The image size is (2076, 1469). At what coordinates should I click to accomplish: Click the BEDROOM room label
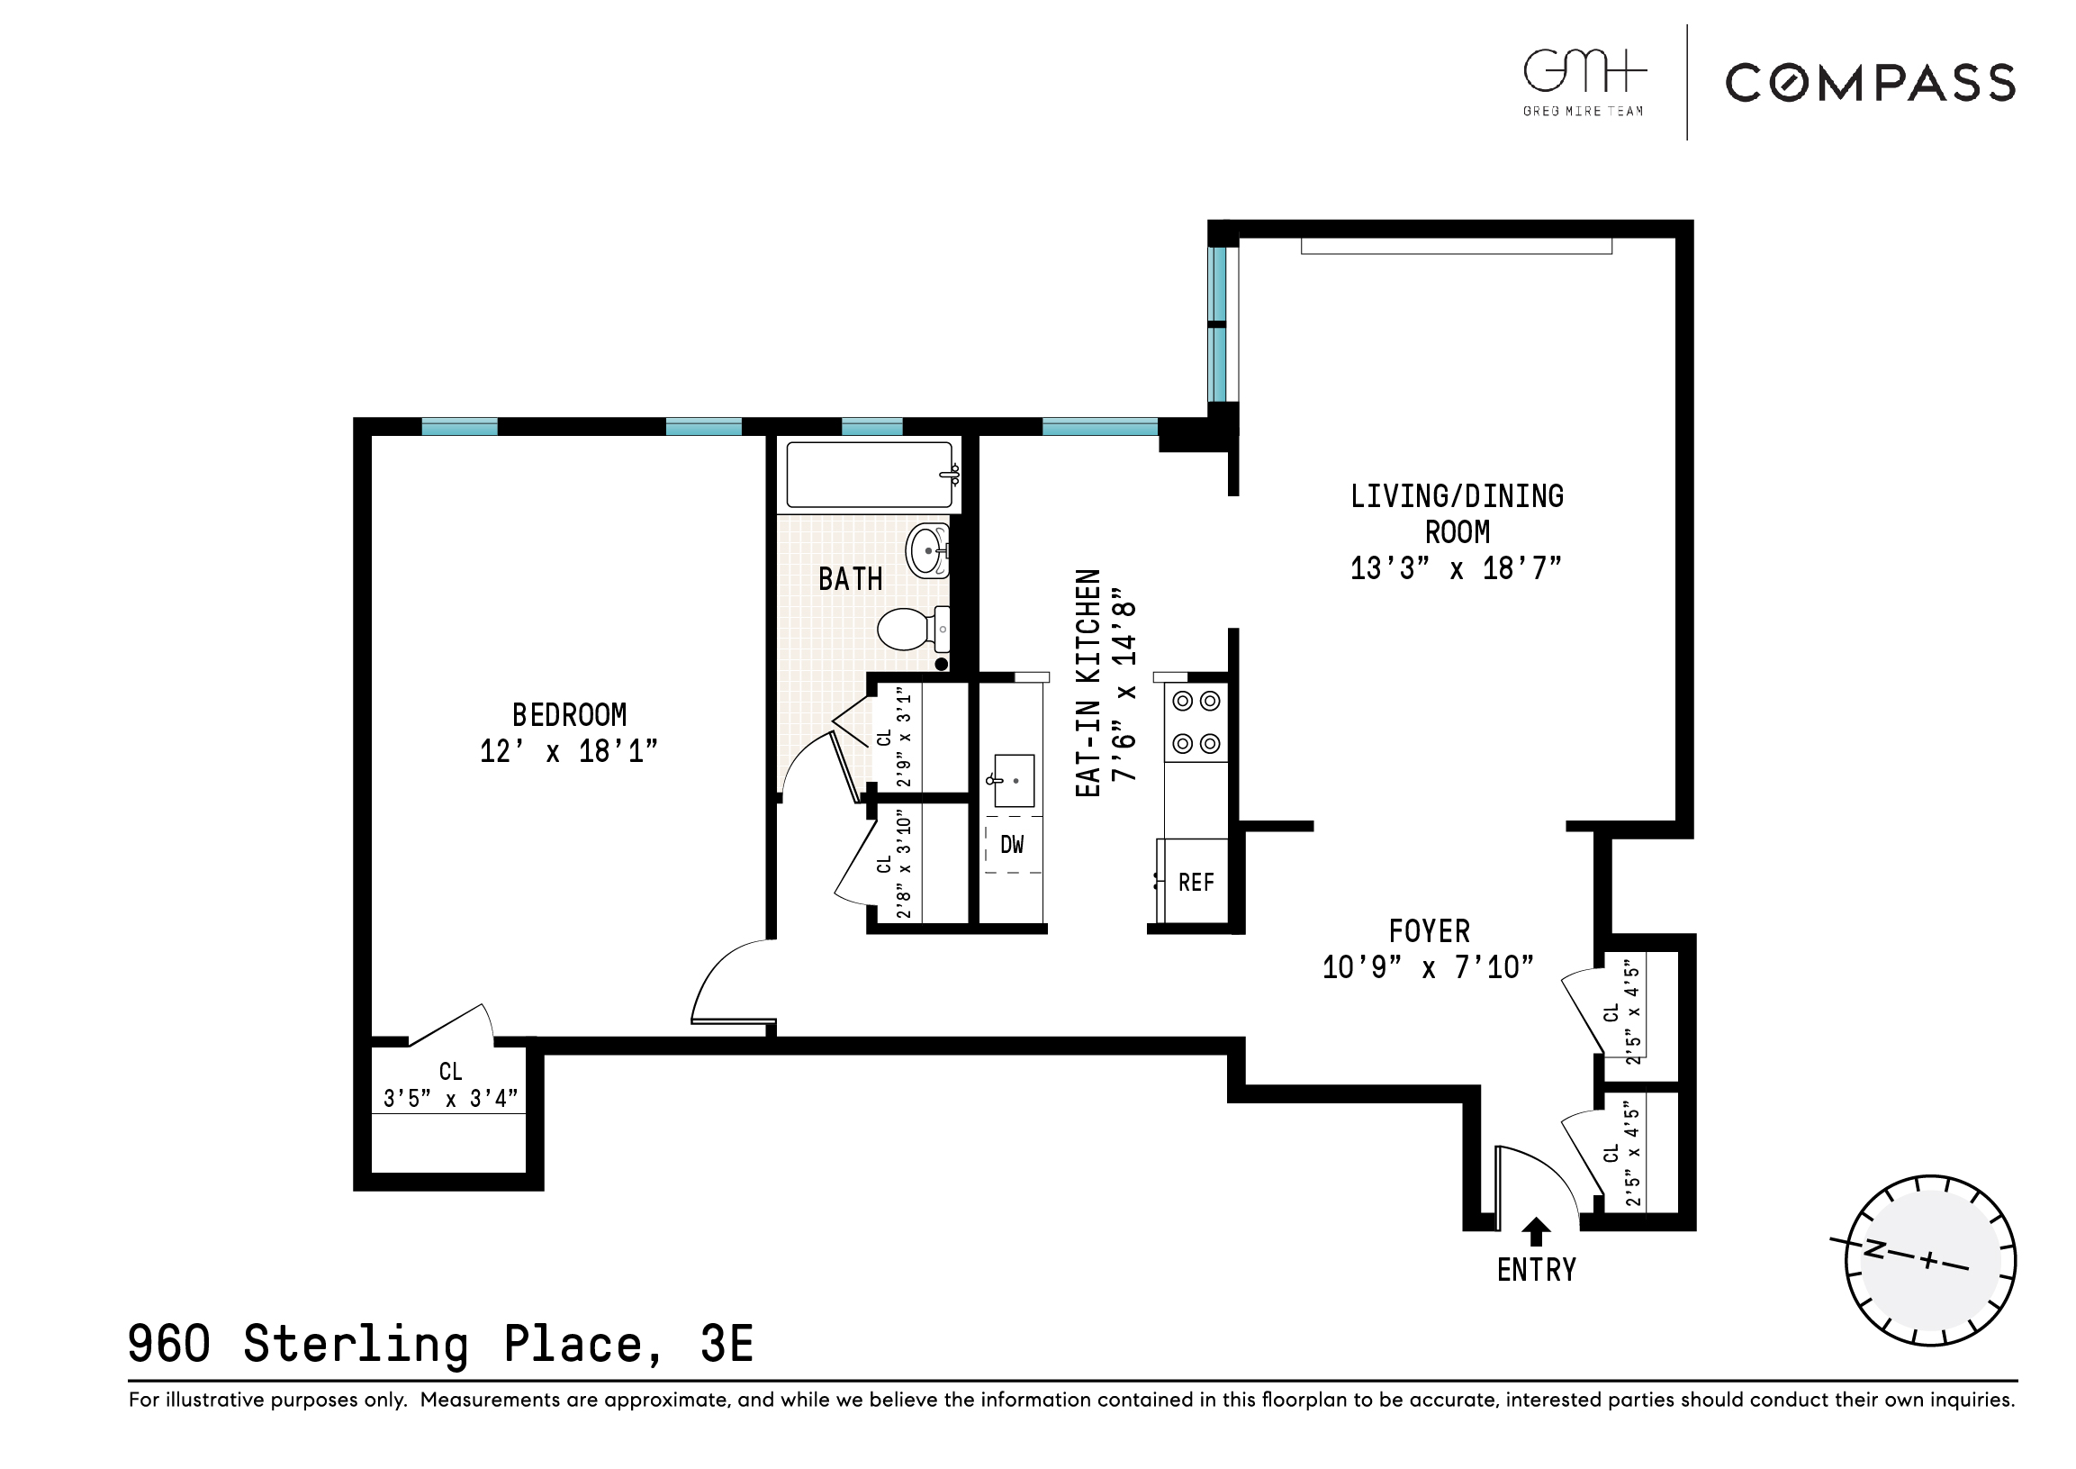click(569, 715)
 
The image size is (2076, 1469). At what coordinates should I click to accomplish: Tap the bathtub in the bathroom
click(869, 475)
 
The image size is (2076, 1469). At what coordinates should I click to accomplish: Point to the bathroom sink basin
click(927, 550)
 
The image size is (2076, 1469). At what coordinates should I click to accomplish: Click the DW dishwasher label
click(1012, 845)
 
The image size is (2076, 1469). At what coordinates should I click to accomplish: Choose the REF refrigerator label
click(1196, 883)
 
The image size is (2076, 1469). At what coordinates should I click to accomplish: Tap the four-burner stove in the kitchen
click(1196, 722)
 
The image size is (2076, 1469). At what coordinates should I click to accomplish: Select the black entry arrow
click(1536, 1231)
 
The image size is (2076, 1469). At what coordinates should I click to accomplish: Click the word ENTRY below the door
click(1536, 1271)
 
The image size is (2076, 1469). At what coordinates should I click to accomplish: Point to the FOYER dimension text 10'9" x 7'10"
click(1428, 968)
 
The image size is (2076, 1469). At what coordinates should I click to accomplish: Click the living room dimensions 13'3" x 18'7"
click(1456, 569)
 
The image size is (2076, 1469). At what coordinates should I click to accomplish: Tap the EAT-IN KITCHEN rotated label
click(1088, 683)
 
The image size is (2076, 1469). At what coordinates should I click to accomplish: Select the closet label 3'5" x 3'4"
click(450, 1099)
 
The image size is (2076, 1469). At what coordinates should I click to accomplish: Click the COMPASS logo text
click(1870, 83)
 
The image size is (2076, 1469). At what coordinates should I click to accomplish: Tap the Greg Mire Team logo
click(1584, 81)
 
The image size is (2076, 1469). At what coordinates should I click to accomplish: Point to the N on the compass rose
click(1874, 1250)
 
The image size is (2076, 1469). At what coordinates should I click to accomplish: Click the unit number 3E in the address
click(726, 1344)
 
